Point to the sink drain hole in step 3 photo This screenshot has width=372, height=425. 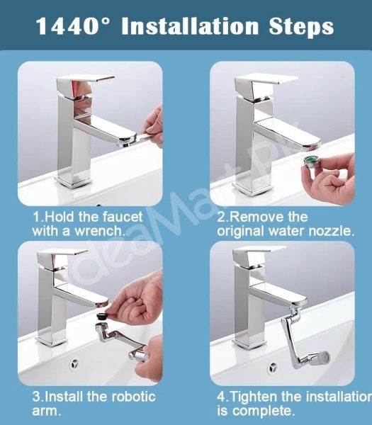click(74, 363)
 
